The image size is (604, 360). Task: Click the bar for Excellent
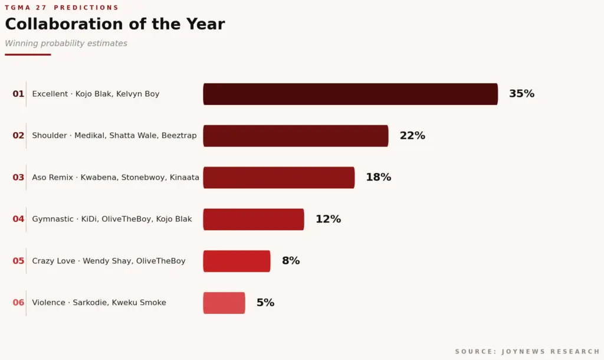[x=350, y=94]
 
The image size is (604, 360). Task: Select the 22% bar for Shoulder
[x=296, y=136]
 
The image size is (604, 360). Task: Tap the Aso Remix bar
[x=279, y=177]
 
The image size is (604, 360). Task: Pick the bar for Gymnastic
[x=254, y=220]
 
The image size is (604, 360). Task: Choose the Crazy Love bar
[x=237, y=261]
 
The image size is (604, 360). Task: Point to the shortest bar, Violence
[x=224, y=303]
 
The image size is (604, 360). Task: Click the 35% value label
[x=521, y=94]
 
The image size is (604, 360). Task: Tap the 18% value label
[x=378, y=177]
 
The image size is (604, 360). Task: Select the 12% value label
[x=328, y=219]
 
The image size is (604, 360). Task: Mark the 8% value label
[x=291, y=261]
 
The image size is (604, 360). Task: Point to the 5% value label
[x=265, y=303]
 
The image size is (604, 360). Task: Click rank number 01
[x=18, y=94]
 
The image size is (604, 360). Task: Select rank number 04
[x=18, y=219]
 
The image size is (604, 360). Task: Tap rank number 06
[x=18, y=303]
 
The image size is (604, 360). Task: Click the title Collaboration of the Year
[x=115, y=24]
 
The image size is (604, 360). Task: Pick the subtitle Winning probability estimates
[x=66, y=43]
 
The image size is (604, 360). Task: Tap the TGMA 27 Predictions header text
[x=61, y=8]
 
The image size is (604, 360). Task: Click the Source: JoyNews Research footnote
[x=527, y=352]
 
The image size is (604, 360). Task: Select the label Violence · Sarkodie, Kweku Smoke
[x=99, y=303]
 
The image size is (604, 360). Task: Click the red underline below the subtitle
[x=28, y=55]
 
